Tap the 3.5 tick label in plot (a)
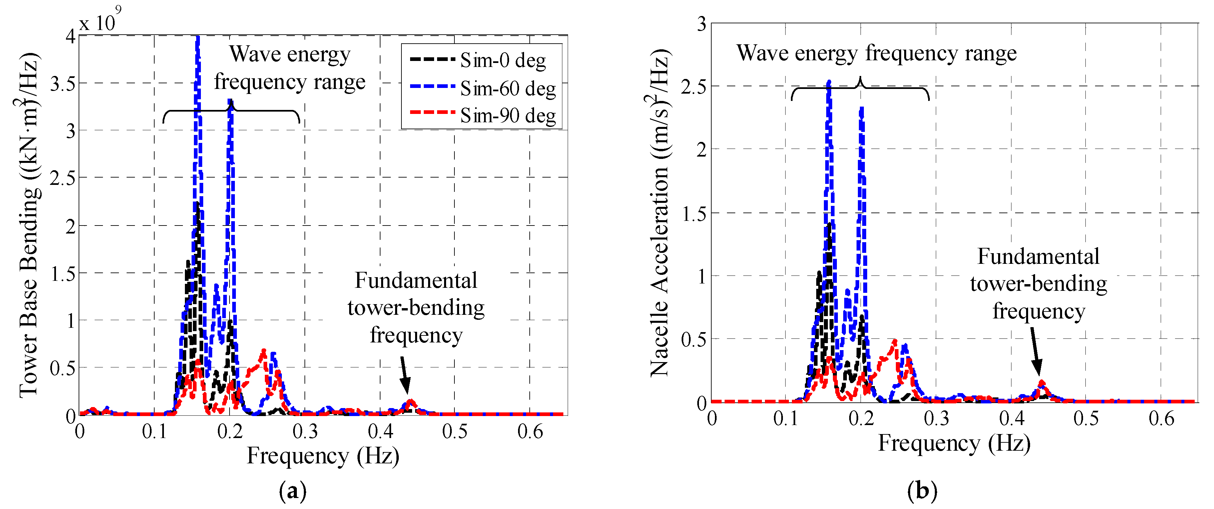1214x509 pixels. [63, 84]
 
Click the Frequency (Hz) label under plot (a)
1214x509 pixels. [323, 456]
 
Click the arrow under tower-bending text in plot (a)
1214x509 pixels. [404, 375]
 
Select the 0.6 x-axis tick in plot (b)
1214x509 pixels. [1161, 418]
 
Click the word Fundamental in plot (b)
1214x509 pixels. [1038, 257]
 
